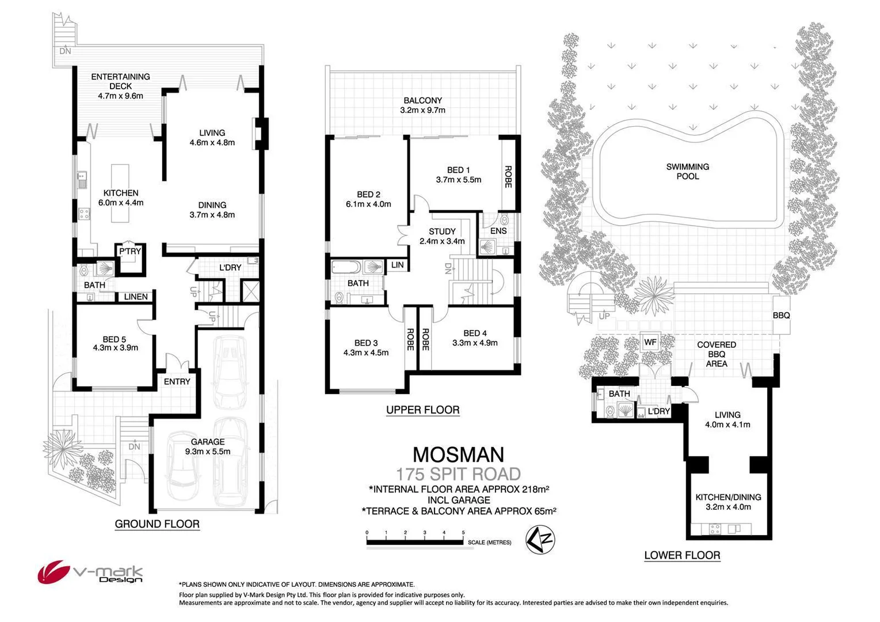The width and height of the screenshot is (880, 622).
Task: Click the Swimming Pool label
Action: click(687, 172)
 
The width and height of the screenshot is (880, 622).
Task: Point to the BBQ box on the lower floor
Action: click(781, 316)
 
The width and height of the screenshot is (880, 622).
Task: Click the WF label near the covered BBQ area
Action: click(650, 342)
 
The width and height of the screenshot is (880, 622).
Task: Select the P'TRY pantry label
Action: click(130, 252)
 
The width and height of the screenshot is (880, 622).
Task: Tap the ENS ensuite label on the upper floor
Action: click(498, 231)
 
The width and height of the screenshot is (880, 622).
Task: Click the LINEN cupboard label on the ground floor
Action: click(136, 297)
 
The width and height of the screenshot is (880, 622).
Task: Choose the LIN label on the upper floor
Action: click(398, 265)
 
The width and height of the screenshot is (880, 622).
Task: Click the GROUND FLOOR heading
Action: click(157, 524)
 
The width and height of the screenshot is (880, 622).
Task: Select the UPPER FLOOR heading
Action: click(422, 410)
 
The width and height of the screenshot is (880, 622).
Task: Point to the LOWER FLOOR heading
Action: click(682, 555)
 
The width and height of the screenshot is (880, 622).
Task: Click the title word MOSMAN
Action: click(458, 454)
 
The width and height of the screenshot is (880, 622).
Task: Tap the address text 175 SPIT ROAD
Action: click(458, 474)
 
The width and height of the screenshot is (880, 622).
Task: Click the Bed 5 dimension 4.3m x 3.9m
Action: click(115, 348)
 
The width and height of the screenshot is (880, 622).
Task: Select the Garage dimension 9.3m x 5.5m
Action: click(208, 452)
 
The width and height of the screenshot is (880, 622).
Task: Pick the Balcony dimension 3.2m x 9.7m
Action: click(422, 110)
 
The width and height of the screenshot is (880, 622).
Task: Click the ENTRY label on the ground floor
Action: click(177, 381)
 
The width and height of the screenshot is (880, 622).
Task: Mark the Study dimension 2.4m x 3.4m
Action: click(442, 241)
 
